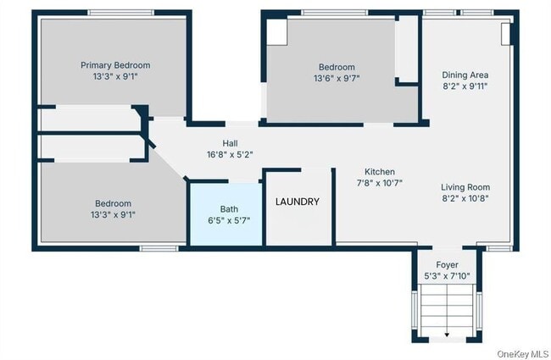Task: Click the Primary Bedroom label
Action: click(115, 65)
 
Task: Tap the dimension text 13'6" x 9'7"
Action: click(337, 78)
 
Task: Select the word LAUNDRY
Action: click(298, 202)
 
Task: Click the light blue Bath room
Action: click(226, 214)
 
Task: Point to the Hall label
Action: click(230, 143)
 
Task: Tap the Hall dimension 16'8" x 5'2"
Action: click(230, 154)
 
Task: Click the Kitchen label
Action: click(380, 172)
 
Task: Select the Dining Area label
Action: click(465, 75)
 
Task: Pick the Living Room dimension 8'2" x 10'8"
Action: click(465, 198)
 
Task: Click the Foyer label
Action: click(447, 265)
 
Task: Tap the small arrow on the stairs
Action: click(447, 335)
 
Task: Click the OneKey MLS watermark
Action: click(522, 354)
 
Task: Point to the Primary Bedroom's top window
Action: click(121, 13)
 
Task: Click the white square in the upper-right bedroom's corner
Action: click(277, 32)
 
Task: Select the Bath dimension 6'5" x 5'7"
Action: click(229, 220)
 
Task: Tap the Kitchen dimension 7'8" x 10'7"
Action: click(380, 183)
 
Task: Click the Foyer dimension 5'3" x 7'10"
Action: click(447, 276)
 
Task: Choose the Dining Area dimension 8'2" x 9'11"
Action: click(465, 86)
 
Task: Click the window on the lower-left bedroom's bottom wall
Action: click(159, 248)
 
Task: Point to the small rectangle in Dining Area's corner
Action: click(505, 34)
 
